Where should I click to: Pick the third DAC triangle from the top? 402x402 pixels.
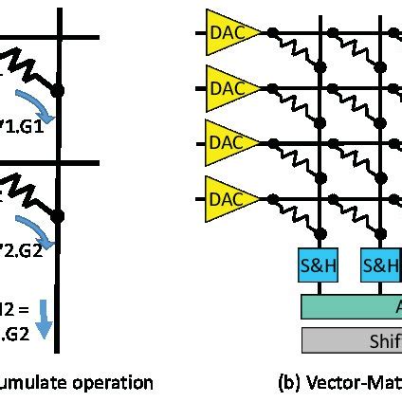pyautogui.click(x=224, y=142)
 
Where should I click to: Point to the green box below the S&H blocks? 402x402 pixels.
pyautogui.click(x=351, y=305)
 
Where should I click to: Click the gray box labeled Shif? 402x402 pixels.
pyautogui.click(x=351, y=339)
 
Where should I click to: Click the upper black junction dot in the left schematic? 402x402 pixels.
pyautogui.click(x=59, y=91)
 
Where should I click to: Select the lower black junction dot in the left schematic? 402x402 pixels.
pyautogui.click(x=59, y=215)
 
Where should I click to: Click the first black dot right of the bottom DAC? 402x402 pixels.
pyautogui.click(x=273, y=198)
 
